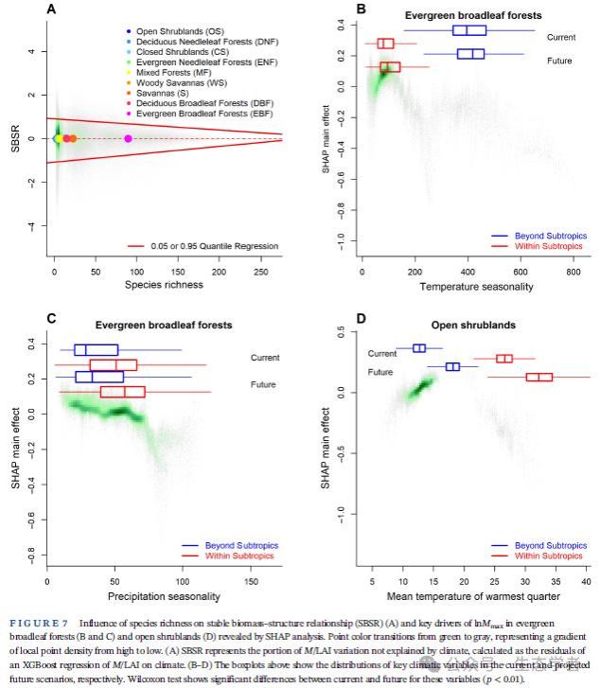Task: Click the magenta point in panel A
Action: pyautogui.click(x=129, y=139)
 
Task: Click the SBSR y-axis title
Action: pyautogui.click(x=13, y=139)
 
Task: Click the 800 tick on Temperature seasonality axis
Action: pyautogui.click(x=571, y=271)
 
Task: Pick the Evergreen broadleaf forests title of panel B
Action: pyautogui.click(x=467, y=16)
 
